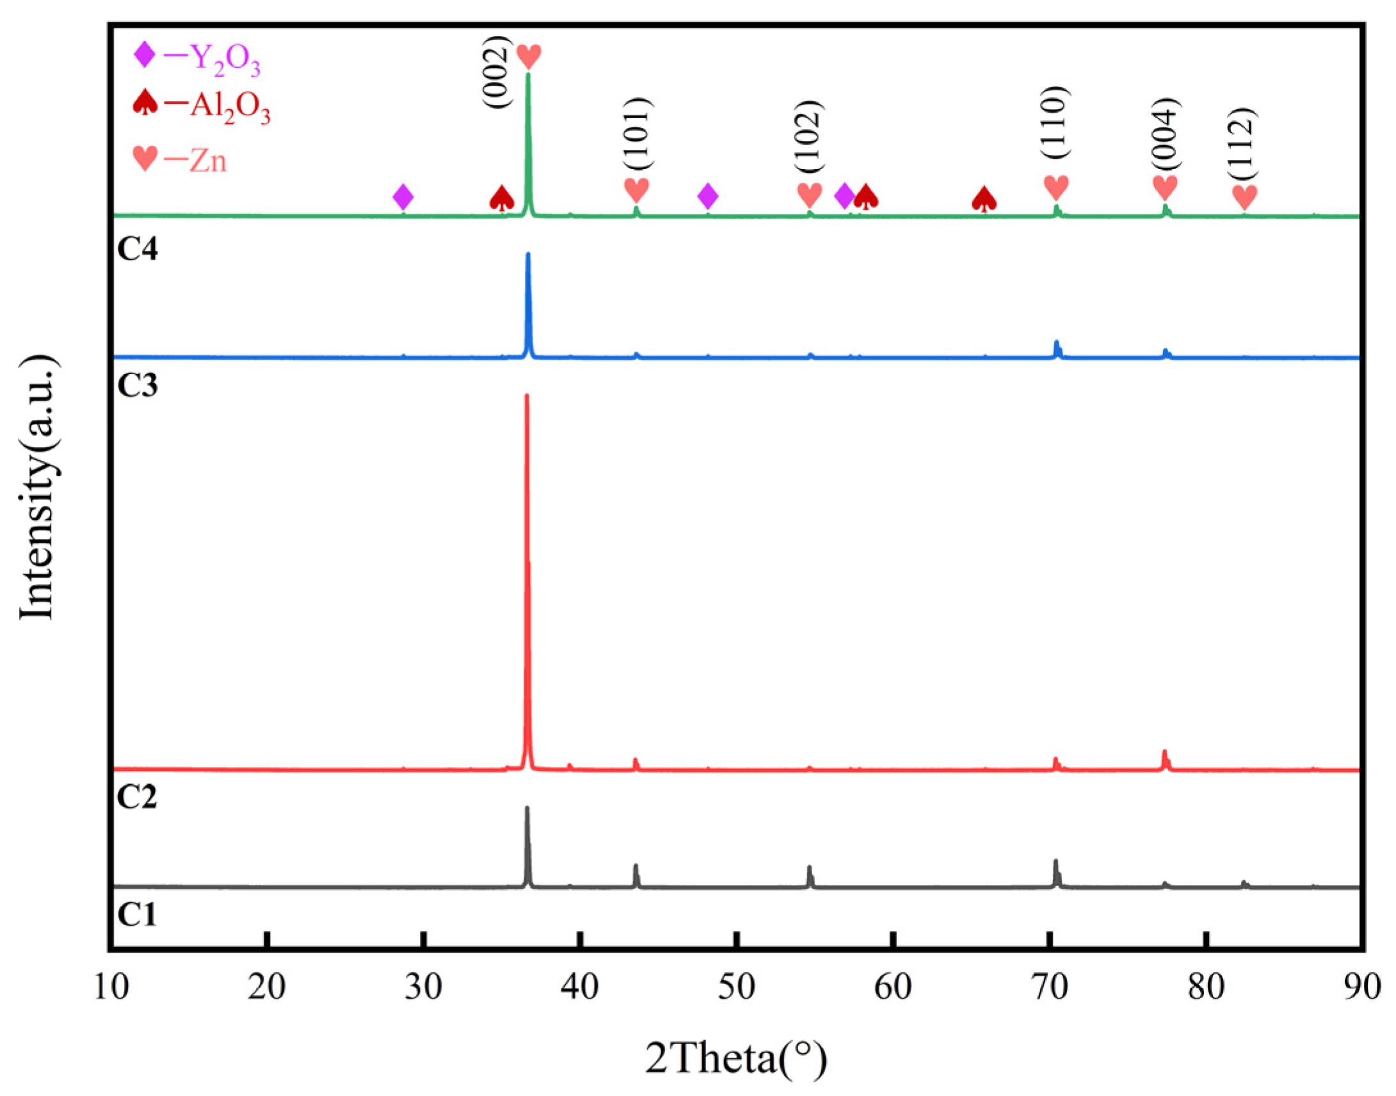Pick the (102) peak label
point(808,136)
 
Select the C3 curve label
point(137,385)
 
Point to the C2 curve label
point(137,798)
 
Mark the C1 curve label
point(137,914)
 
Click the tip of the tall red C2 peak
point(527,396)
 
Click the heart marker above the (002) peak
point(529,56)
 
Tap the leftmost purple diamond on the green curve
point(403,197)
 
